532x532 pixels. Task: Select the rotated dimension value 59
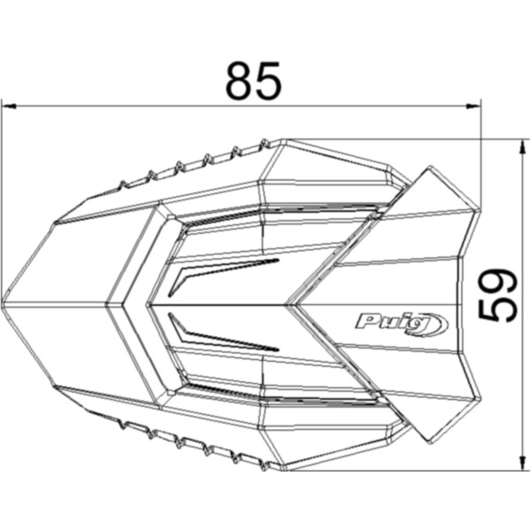coord(498,294)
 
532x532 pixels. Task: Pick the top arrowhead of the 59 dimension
coord(520,145)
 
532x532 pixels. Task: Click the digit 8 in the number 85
coord(239,81)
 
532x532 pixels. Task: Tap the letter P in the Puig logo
coord(366,320)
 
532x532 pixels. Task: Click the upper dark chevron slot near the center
coord(222,270)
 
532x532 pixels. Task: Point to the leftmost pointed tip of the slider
coord(4,304)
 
